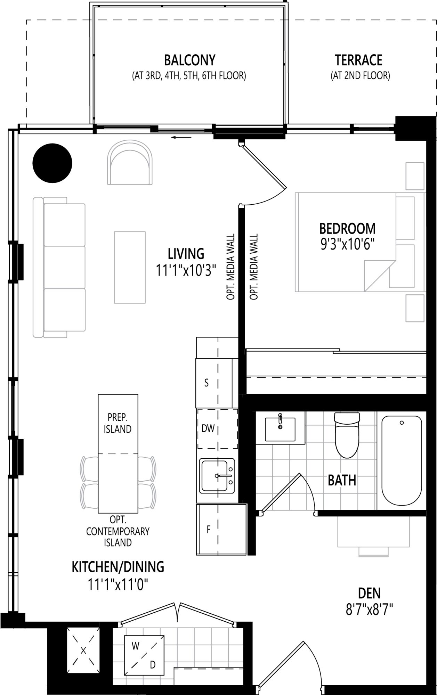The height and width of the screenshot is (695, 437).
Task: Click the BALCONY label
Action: click(x=189, y=60)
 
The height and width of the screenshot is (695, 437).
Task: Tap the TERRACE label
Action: click(x=358, y=60)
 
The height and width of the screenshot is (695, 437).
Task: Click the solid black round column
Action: click(x=52, y=163)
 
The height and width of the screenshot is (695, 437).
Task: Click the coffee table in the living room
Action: click(x=130, y=267)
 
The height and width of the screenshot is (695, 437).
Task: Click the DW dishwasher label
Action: click(x=208, y=428)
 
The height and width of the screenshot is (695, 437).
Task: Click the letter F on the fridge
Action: click(x=209, y=529)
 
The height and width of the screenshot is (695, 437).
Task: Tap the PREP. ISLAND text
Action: click(x=118, y=423)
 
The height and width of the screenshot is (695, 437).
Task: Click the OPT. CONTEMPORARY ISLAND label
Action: click(x=118, y=531)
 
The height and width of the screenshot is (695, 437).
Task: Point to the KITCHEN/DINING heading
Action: click(x=118, y=567)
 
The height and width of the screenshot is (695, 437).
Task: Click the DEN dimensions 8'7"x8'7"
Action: click(x=369, y=610)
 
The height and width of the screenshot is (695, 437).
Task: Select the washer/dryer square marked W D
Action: click(x=144, y=655)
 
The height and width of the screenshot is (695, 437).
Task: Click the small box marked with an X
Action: click(x=83, y=650)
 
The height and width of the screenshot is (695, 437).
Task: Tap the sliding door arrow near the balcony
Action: click(x=181, y=137)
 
